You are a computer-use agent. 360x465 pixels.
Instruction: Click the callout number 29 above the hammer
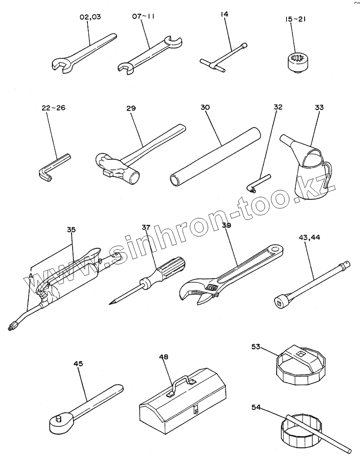click(x=131, y=108)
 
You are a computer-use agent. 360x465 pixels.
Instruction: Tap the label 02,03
click(x=90, y=17)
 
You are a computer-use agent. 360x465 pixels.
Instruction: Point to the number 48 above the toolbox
click(x=163, y=357)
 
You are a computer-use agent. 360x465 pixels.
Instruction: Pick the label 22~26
click(x=53, y=108)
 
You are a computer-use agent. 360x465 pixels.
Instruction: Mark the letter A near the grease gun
click(x=30, y=277)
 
